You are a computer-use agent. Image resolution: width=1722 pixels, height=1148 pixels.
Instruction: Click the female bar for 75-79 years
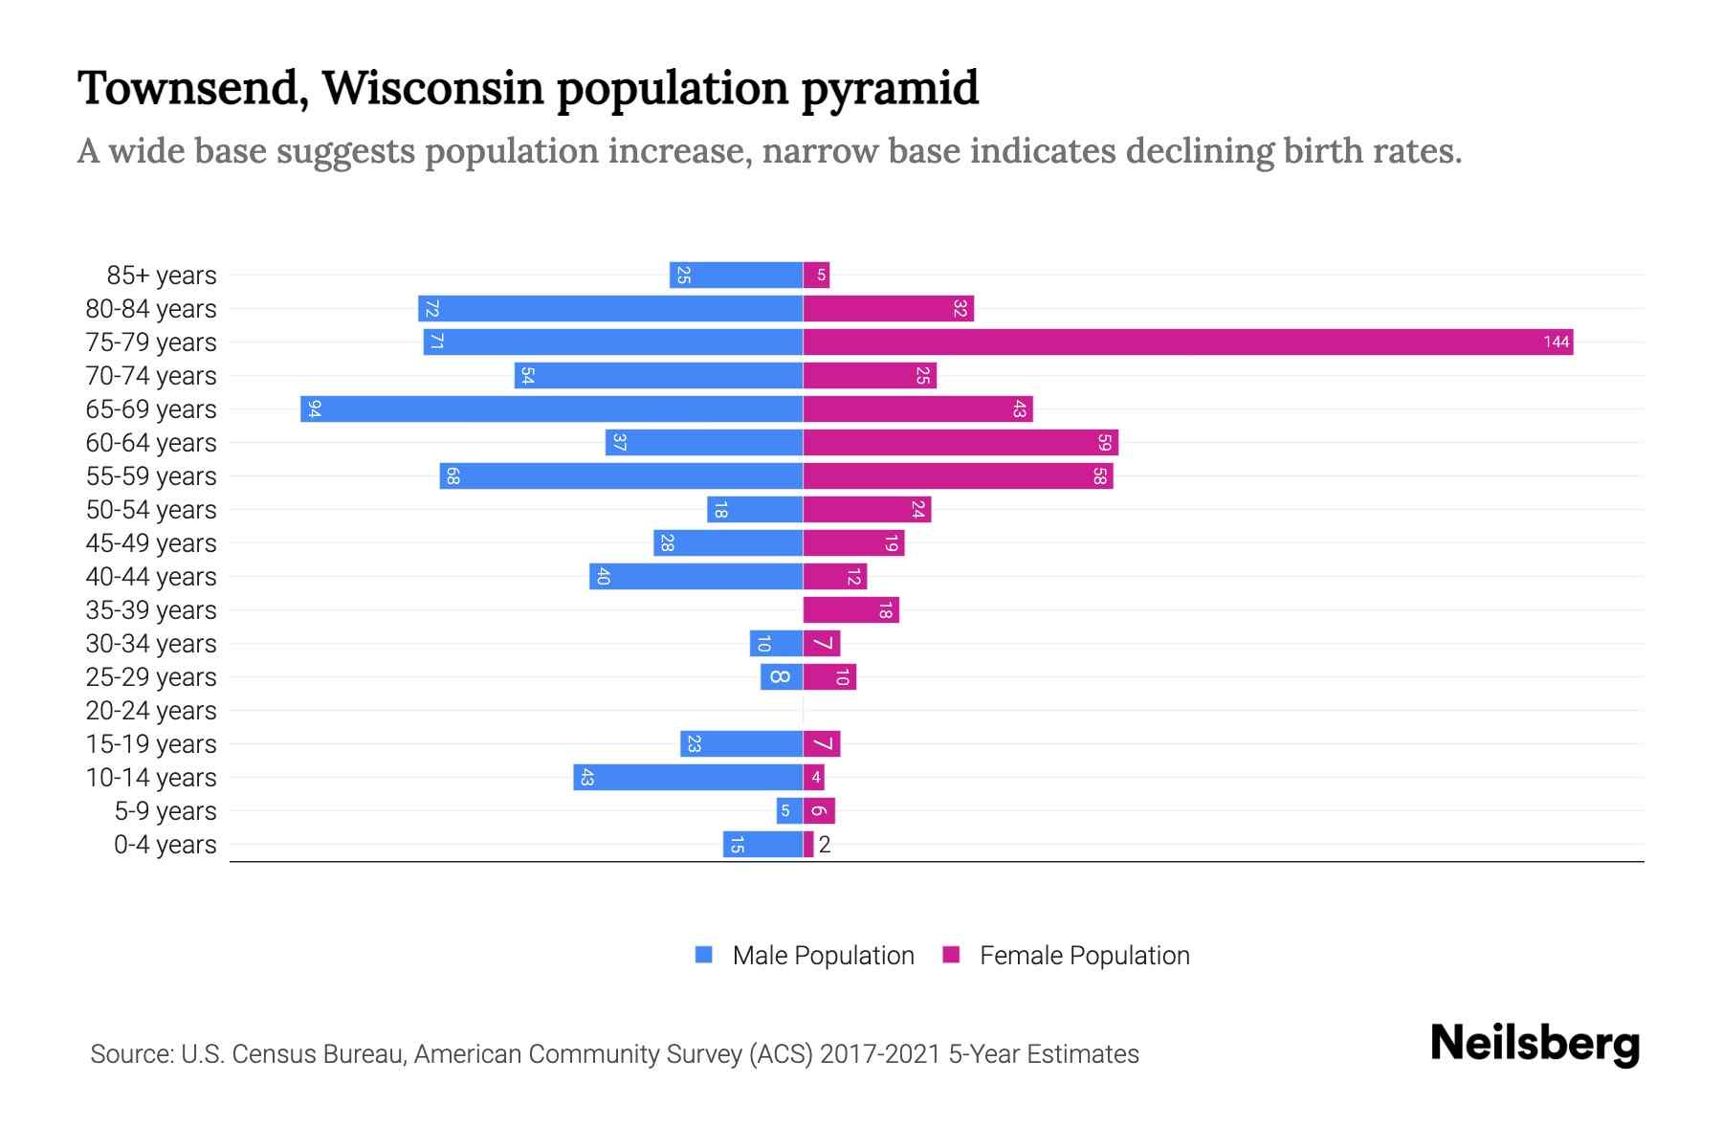point(1186,342)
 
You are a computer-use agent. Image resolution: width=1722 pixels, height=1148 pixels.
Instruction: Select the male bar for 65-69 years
point(551,408)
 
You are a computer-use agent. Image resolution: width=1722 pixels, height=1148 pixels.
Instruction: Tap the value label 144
point(1556,342)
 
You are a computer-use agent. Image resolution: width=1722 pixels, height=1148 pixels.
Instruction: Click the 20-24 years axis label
point(151,711)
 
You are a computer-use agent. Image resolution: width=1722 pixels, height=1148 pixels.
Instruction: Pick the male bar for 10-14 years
point(688,777)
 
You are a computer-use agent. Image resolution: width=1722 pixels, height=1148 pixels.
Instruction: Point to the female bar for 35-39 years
point(850,609)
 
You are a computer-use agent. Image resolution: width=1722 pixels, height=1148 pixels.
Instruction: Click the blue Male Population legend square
point(704,955)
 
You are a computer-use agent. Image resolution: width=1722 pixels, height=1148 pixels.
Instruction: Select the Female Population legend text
point(1084,955)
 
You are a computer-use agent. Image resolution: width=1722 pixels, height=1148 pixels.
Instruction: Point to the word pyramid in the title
point(889,88)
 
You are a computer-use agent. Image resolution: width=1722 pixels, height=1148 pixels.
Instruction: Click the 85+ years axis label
point(162,276)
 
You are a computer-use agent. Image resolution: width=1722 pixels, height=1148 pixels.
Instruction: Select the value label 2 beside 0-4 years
point(825,845)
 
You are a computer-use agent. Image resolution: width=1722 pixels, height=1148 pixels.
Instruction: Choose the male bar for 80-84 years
point(610,308)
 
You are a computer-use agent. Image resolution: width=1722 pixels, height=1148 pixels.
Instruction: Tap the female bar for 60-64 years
point(960,442)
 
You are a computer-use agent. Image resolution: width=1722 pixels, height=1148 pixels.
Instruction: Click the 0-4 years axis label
point(165,845)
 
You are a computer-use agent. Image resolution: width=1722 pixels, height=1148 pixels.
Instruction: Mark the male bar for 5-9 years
point(789,810)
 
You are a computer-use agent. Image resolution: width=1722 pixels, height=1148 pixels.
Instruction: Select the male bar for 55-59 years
point(621,475)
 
